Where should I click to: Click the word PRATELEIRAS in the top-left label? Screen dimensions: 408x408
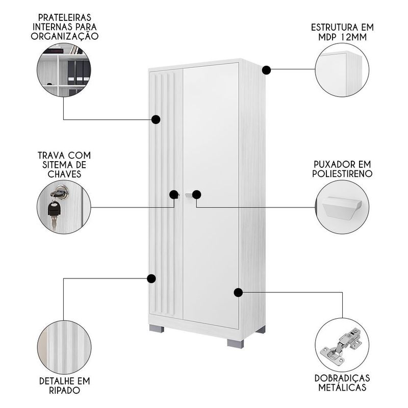(65, 17)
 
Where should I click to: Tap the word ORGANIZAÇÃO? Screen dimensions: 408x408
(65, 36)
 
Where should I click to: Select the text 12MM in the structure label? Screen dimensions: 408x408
(353, 37)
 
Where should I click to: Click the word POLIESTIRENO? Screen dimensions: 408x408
(342, 173)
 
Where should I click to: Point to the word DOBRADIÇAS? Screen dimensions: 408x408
(342, 378)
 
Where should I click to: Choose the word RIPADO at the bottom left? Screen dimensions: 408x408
(65, 390)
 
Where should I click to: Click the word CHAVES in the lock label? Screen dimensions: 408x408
(65, 174)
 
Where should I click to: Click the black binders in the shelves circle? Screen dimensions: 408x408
(79, 71)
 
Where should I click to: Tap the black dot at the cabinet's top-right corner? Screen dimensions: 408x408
(266, 70)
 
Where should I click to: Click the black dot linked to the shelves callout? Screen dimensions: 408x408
(156, 119)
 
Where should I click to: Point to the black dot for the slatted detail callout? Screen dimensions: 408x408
(151, 278)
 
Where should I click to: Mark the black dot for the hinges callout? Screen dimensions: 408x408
(238, 292)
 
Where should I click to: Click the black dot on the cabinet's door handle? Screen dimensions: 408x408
(196, 194)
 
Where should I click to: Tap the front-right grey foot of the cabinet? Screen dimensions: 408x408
(236, 343)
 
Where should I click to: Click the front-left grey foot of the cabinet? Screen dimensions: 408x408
(157, 328)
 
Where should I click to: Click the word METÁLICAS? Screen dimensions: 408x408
(342, 388)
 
